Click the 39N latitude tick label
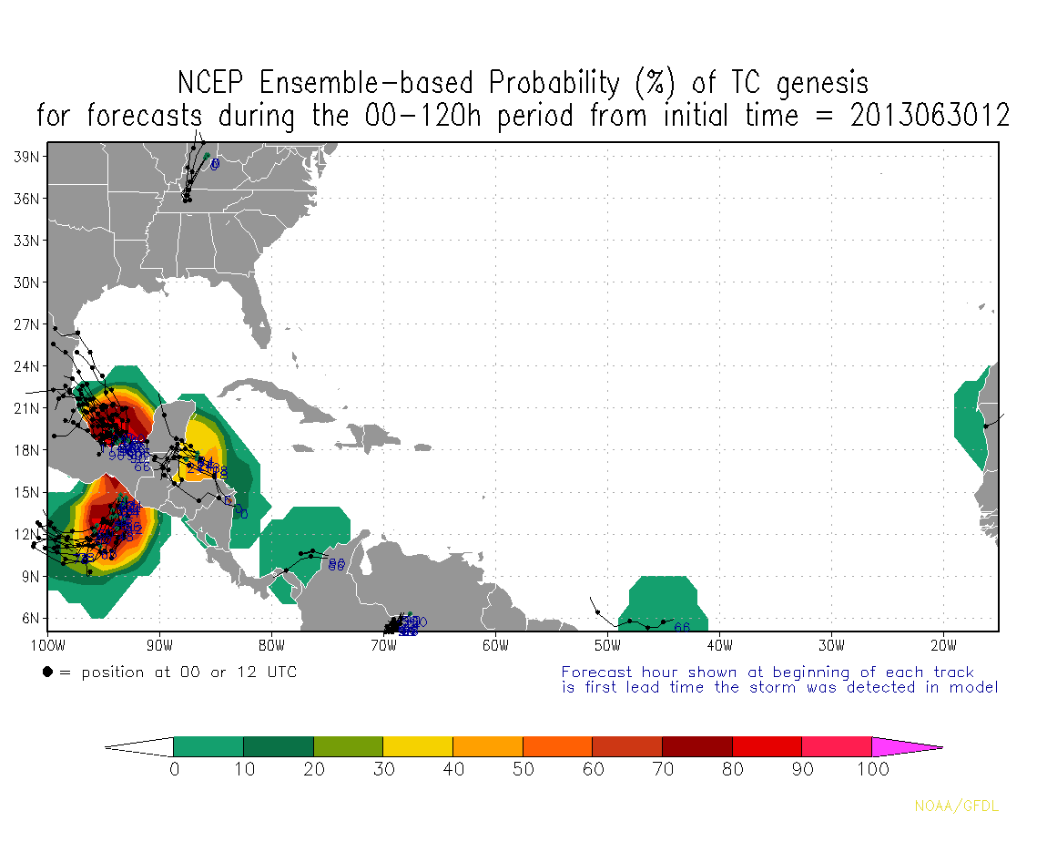tap(25, 157)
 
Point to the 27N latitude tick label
tap(25, 324)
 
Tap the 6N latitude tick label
tap(28, 618)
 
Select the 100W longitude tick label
tap(47, 646)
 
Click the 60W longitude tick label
tap(495, 646)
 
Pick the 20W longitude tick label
tap(943, 646)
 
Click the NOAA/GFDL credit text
tap(956, 806)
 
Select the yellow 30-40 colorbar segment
tap(418, 746)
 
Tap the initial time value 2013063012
tap(930, 116)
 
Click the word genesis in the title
tap(823, 83)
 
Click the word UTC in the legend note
tap(279, 673)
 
